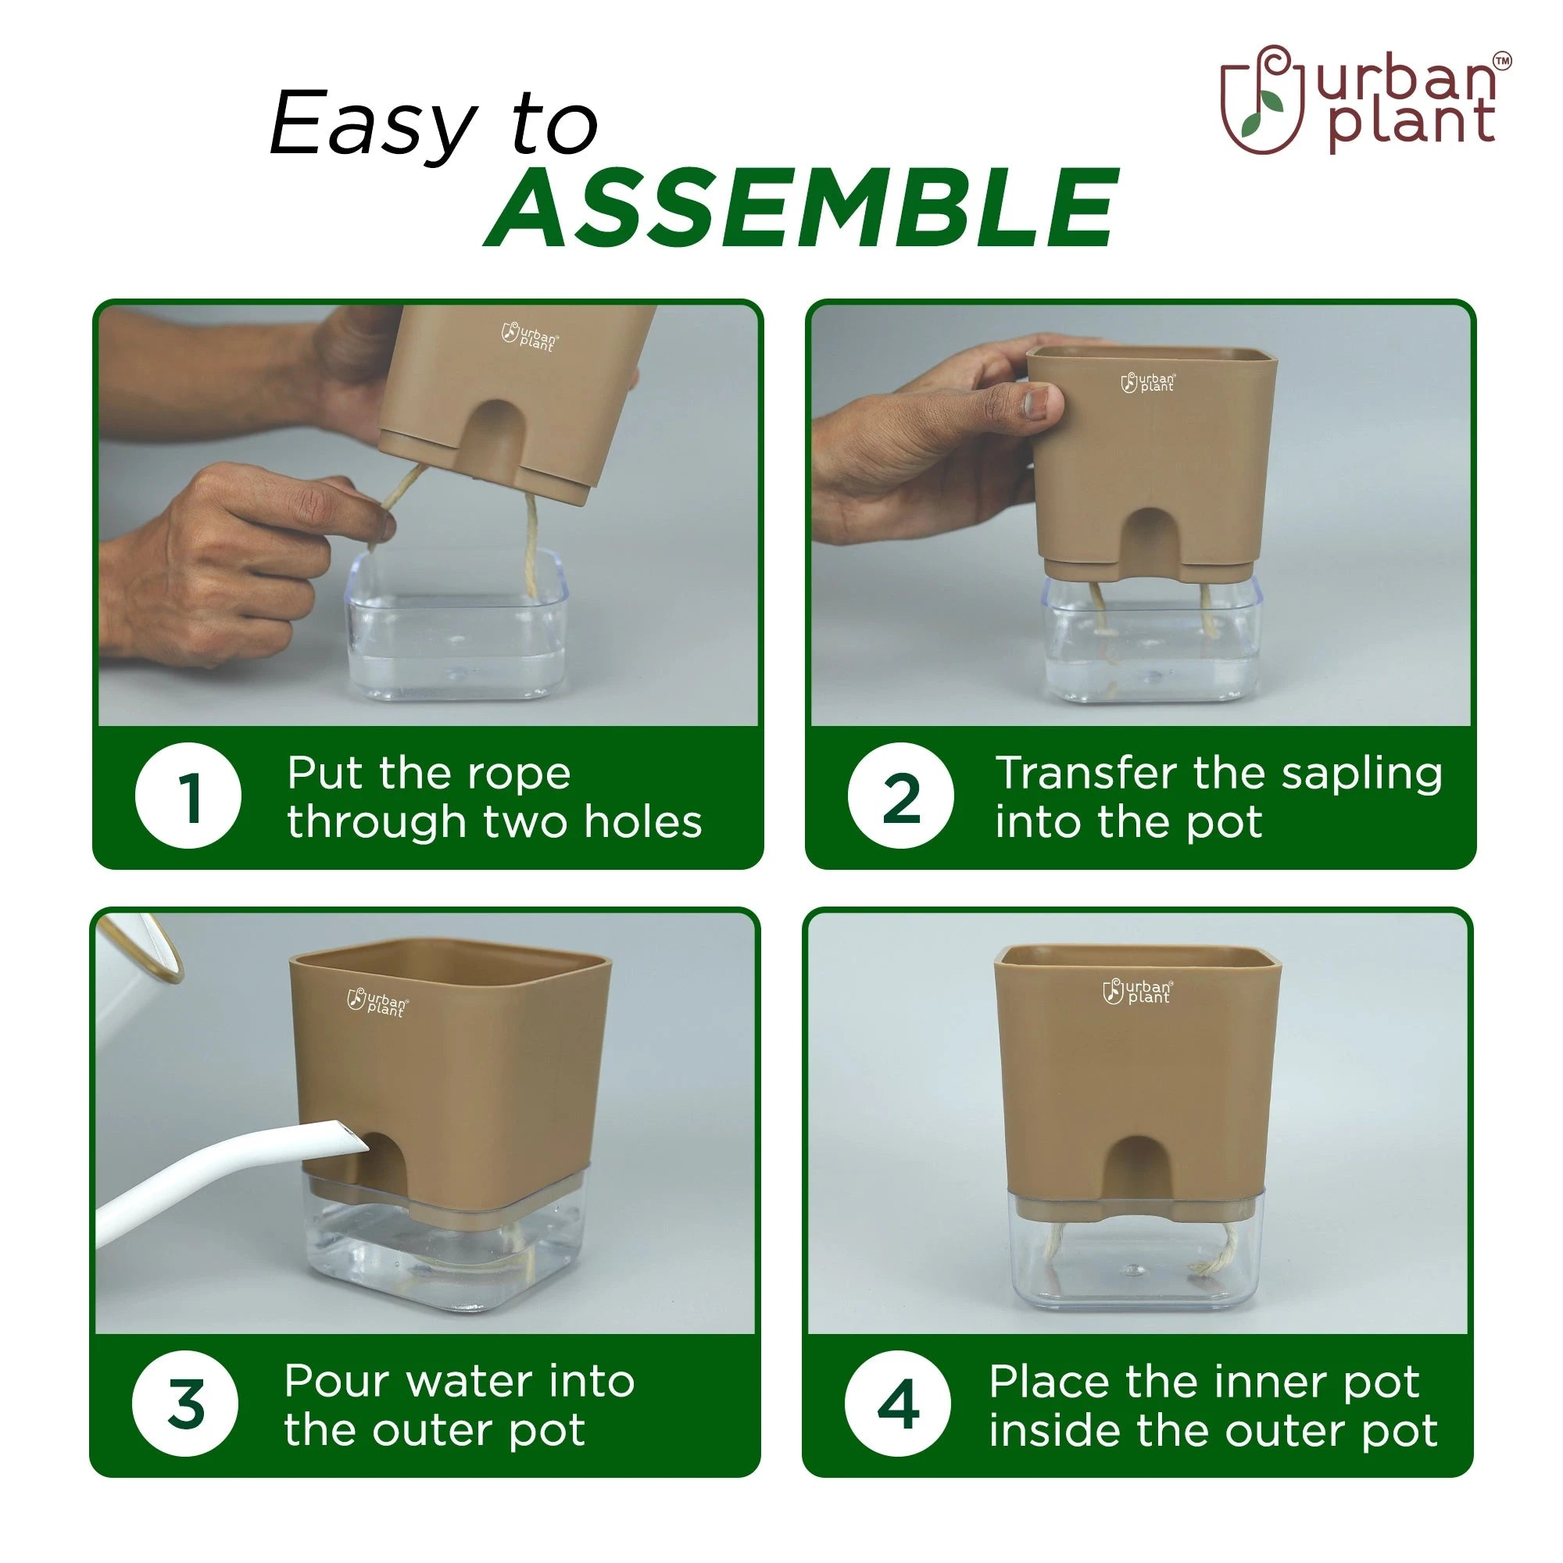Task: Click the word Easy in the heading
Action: (373, 124)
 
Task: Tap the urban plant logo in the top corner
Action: (1365, 99)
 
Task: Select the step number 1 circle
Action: (188, 796)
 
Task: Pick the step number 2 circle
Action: (900, 796)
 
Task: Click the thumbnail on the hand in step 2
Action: (1040, 402)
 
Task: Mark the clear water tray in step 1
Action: (456, 626)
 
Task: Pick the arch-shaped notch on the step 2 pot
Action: (1152, 544)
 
